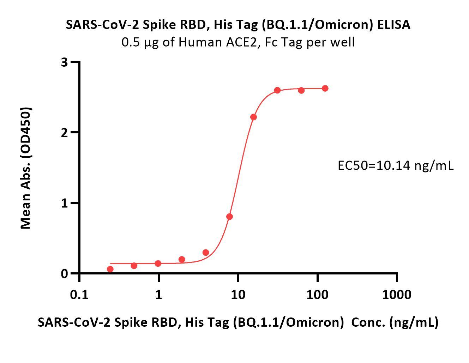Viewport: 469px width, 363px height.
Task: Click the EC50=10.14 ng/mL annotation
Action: coord(395,165)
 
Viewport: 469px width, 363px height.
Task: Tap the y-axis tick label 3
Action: coord(64,62)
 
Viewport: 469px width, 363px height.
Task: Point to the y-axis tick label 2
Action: coord(64,133)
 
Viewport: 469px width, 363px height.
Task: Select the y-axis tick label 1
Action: coord(64,203)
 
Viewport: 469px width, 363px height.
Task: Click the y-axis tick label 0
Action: coord(64,274)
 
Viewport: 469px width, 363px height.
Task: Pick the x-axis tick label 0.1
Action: coord(79,294)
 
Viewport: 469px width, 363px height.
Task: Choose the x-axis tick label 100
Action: coord(318,294)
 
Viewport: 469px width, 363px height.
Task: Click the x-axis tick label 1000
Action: coord(397,294)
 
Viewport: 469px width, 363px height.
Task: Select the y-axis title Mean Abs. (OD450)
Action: coord(26,168)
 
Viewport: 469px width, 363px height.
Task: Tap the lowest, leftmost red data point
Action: coord(110,269)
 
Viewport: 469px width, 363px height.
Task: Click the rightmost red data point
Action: coord(325,88)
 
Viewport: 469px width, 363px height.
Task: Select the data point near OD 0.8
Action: coord(229,217)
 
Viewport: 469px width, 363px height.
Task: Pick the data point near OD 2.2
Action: coord(253,117)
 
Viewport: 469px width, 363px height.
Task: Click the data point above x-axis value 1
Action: coord(158,264)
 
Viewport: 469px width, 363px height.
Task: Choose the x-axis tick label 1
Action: coord(158,294)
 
